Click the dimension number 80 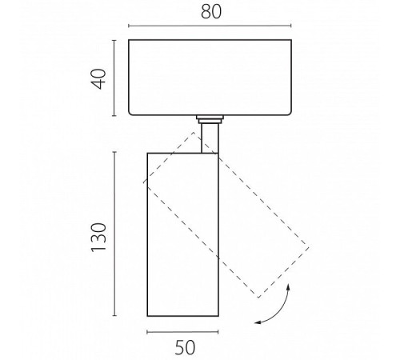click(x=211, y=12)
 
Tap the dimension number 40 click(x=98, y=79)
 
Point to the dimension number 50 click(x=185, y=348)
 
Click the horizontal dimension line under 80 click(x=210, y=26)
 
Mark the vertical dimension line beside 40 click(x=114, y=78)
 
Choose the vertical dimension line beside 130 click(x=115, y=234)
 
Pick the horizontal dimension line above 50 click(x=182, y=332)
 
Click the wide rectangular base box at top click(x=210, y=78)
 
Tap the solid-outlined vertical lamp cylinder click(x=183, y=234)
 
